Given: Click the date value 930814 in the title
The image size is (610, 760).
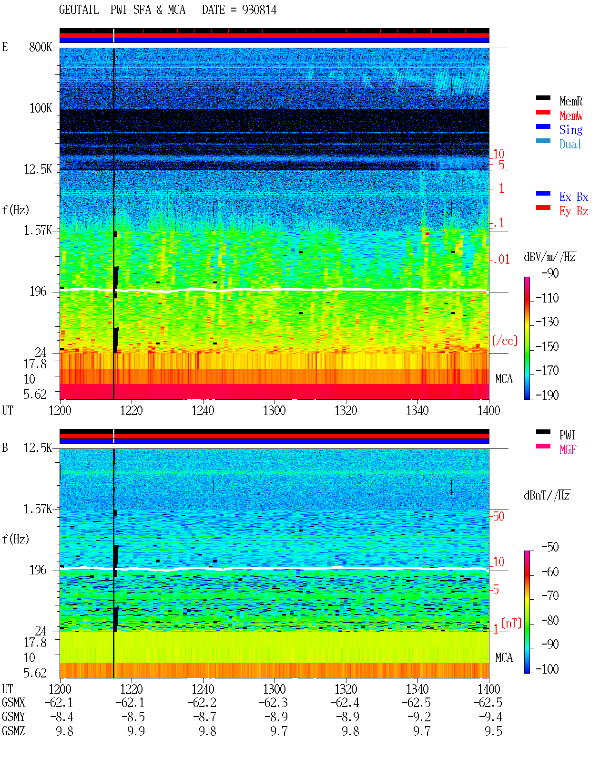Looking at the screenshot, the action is click(259, 10).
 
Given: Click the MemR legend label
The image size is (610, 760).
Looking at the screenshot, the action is click(570, 101).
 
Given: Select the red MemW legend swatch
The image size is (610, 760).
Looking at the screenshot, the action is click(543, 112).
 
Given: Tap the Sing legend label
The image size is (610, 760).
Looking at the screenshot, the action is click(570, 130).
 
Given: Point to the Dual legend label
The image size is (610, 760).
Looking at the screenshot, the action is click(570, 144).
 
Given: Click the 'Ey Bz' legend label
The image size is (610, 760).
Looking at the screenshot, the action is click(573, 211).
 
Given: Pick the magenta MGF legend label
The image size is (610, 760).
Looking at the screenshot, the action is click(568, 449).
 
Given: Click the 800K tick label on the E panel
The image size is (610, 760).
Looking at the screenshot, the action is click(41, 47).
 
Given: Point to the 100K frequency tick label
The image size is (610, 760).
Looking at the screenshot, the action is click(41, 108).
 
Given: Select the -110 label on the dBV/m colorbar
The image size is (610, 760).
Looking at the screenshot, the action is click(547, 298).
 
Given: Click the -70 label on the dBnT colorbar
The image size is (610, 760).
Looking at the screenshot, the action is click(550, 596).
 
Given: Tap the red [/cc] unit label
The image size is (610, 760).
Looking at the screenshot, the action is click(505, 341).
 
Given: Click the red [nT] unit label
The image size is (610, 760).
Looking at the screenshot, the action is click(511, 623).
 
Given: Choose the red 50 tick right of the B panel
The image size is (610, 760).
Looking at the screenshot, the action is click(499, 517).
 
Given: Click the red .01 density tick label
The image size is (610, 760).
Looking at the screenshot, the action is click(501, 260).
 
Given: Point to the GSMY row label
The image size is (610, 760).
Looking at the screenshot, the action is click(13, 717).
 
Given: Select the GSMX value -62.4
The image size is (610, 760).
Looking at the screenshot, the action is click(345, 702).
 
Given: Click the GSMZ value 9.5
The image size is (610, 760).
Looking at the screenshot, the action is click(493, 731).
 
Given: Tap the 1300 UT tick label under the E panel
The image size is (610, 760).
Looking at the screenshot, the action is click(274, 410).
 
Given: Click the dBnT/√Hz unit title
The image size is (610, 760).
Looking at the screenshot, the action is click(547, 496).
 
